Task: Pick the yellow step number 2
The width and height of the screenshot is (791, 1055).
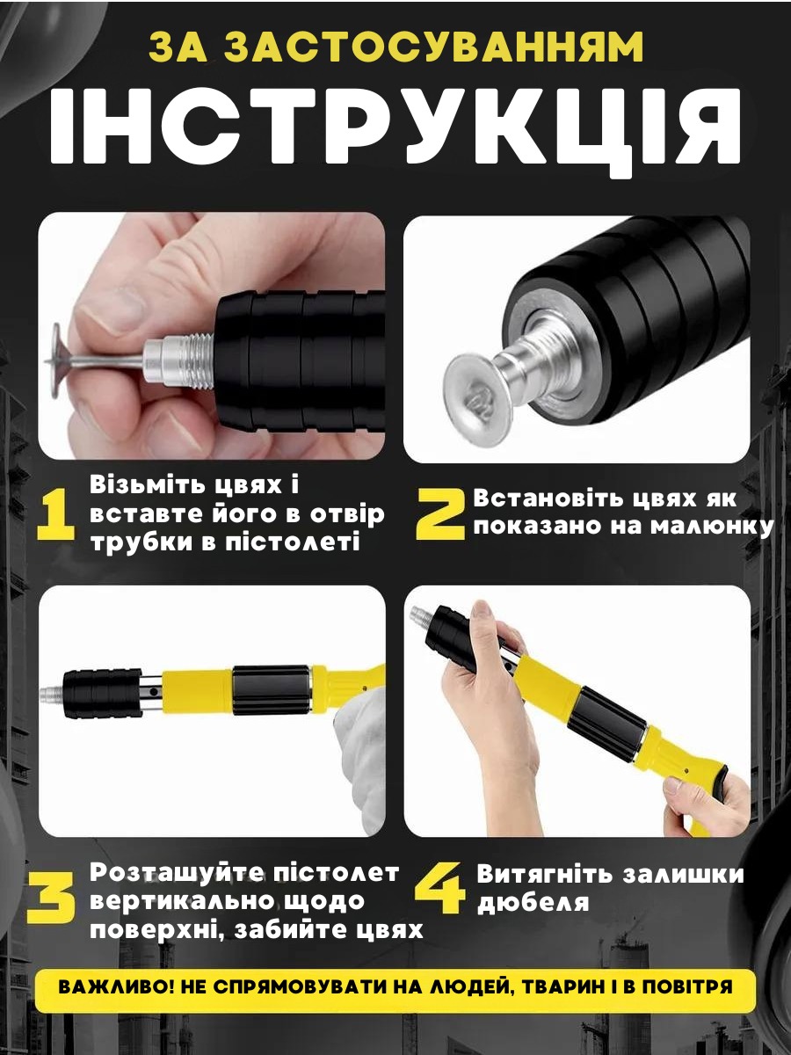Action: click(441, 513)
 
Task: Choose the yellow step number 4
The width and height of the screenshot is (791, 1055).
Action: click(441, 885)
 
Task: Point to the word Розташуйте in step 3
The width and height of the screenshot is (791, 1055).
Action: click(171, 872)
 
